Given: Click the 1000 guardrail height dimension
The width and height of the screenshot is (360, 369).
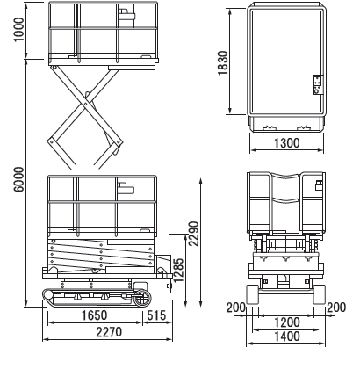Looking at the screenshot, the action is tap(18, 30).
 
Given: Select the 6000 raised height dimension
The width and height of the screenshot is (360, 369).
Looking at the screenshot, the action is tap(18, 179).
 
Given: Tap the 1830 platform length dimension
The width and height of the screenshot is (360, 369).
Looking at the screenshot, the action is tap(223, 63).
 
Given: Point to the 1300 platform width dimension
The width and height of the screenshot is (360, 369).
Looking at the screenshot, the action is tap(287, 143).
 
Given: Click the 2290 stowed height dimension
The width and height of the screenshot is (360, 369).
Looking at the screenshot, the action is tap(194, 234).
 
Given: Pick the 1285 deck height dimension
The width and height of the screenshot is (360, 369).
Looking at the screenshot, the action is tap(178, 270).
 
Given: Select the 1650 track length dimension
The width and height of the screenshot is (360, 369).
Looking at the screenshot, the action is tap(94, 315).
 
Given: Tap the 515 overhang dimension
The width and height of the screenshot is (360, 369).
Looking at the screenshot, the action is tap(156, 315).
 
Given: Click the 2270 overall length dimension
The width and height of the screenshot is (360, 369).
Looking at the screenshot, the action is tap(109, 332).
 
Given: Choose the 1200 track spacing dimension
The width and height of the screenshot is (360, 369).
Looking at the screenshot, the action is tap(287, 322).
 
